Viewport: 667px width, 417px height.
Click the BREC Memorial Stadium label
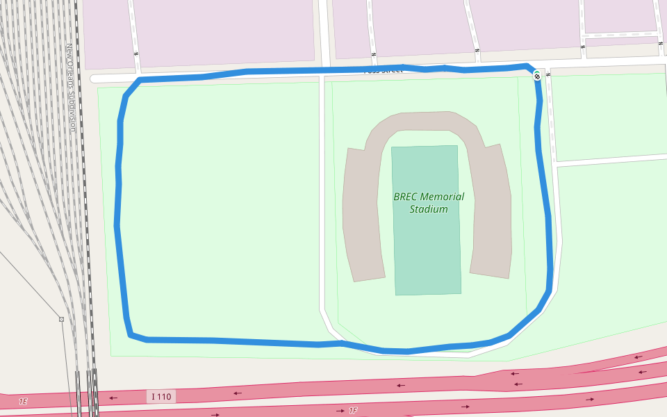tap(429, 202)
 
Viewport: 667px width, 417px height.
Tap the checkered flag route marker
tap(537, 75)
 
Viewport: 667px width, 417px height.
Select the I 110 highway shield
tap(160, 397)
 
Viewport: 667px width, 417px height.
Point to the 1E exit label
tap(23, 402)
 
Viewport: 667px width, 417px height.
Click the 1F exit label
tap(352, 411)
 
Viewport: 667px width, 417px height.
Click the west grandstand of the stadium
tap(363, 215)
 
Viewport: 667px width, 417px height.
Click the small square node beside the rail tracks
tap(61, 319)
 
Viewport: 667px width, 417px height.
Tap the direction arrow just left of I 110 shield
tap(113, 398)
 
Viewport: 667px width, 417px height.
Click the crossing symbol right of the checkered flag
tap(548, 73)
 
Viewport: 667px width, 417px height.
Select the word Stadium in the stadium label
tap(429, 208)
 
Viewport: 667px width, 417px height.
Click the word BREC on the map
tap(406, 196)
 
